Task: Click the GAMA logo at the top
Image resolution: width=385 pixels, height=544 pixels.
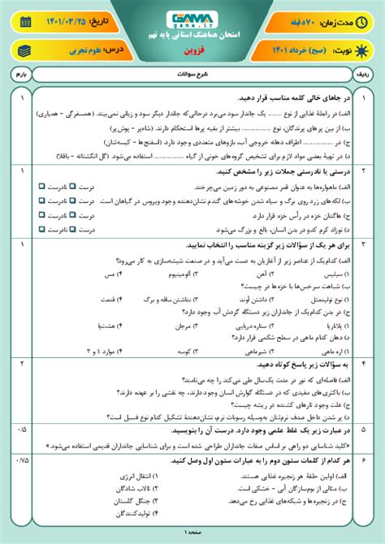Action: coord(192,18)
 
